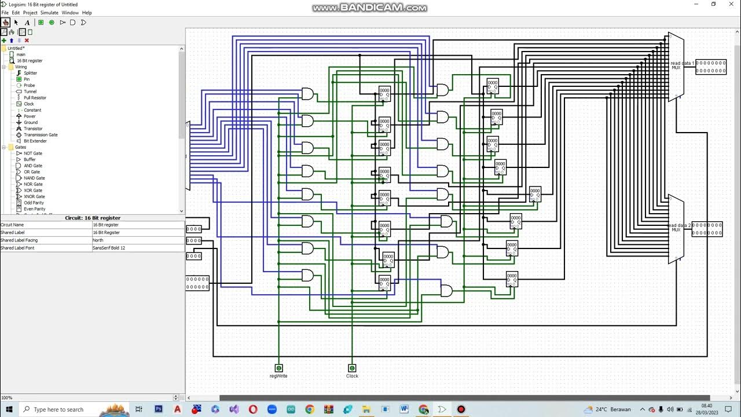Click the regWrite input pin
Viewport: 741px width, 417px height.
278,368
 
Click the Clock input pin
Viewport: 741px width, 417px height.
352,368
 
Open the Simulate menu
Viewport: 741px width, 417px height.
49,13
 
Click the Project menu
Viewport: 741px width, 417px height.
30,13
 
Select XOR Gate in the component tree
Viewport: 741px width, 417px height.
32,191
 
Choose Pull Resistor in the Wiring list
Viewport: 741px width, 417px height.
35,98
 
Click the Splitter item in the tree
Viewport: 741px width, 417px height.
30,73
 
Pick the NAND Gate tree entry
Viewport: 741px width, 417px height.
34,178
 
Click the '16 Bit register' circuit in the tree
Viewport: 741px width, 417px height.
29,60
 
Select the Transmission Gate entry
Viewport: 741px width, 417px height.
41,135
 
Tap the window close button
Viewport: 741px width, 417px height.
729,4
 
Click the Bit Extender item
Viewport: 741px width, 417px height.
35,141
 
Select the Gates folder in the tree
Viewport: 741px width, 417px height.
20,147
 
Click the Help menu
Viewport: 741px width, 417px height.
87,13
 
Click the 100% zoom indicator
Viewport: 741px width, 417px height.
6,398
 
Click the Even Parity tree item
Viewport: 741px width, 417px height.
34,209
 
